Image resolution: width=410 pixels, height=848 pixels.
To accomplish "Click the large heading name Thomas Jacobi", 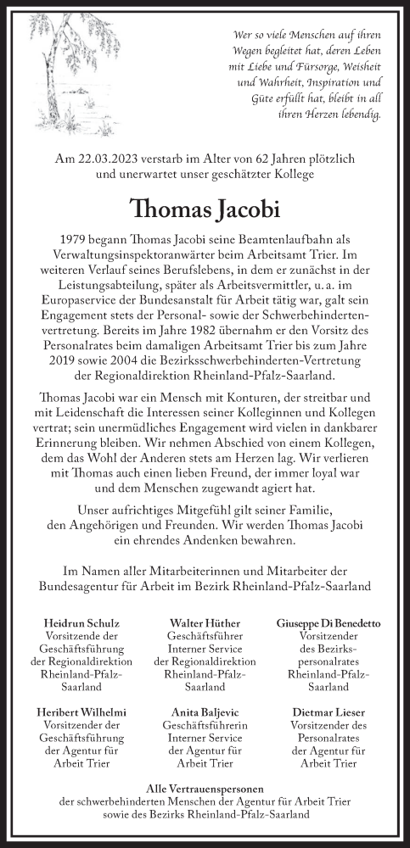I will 205,209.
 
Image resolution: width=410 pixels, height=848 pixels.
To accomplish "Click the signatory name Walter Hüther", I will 204,623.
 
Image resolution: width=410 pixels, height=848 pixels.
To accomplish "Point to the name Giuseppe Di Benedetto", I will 329,623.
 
